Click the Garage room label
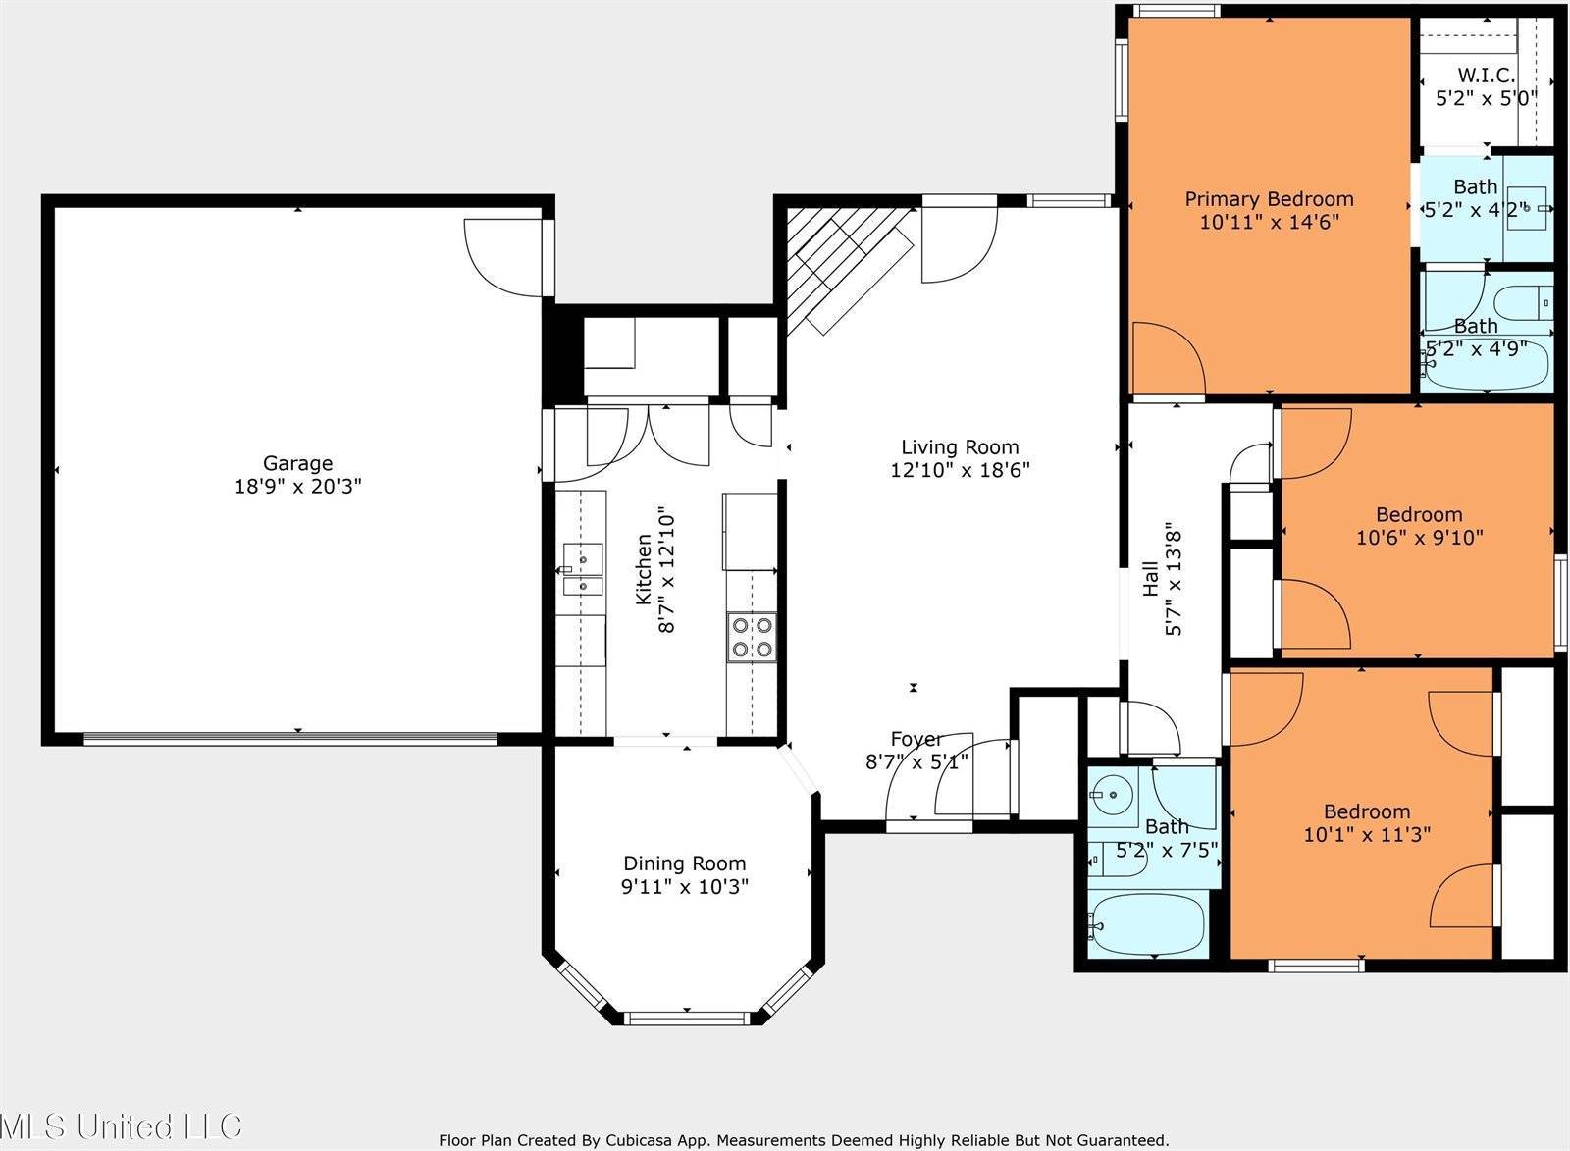[x=297, y=463]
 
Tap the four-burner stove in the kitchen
[x=751, y=636]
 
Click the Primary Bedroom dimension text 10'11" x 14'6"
[x=1269, y=222]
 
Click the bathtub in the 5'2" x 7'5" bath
[x=1146, y=924]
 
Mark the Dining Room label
[x=684, y=863]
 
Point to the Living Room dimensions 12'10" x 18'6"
[x=959, y=470]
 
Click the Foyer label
[x=916, y=739]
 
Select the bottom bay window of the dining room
[x=687, y=1017]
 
